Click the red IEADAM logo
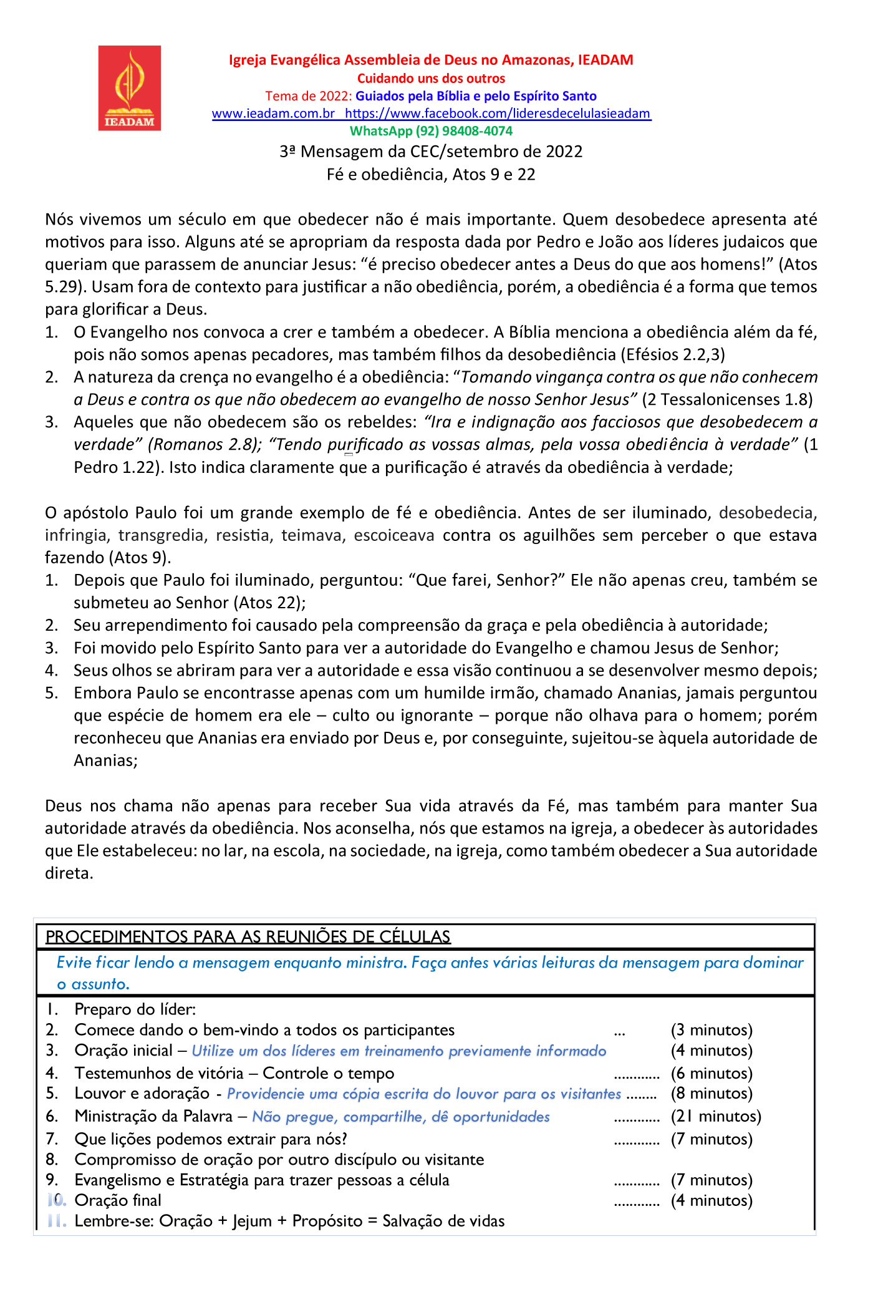[x=130, y=88]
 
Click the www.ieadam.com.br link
[x=273, y=114]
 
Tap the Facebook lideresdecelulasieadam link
[x=498, y=114]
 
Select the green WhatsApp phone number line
[x=431, y=131]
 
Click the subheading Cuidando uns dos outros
[x=431, y=79]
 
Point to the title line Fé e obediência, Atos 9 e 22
[x=431, y=175]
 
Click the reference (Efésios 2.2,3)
[x=673, y=355]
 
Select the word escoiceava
[x=394, y=535]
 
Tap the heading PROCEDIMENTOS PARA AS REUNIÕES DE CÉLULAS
[x=248, y=937]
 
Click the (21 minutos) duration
[x=716, y=1116]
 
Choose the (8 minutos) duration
[x=711, y=1094]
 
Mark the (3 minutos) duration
[x=711, y=1030]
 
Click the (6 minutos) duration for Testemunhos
[x=711, y=1073]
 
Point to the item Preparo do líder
[x=135, y=1009]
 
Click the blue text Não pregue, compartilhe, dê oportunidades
[x=401, y=1117]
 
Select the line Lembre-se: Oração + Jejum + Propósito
[x=289, y=1221]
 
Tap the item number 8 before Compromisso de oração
[x=52, y=1160]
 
